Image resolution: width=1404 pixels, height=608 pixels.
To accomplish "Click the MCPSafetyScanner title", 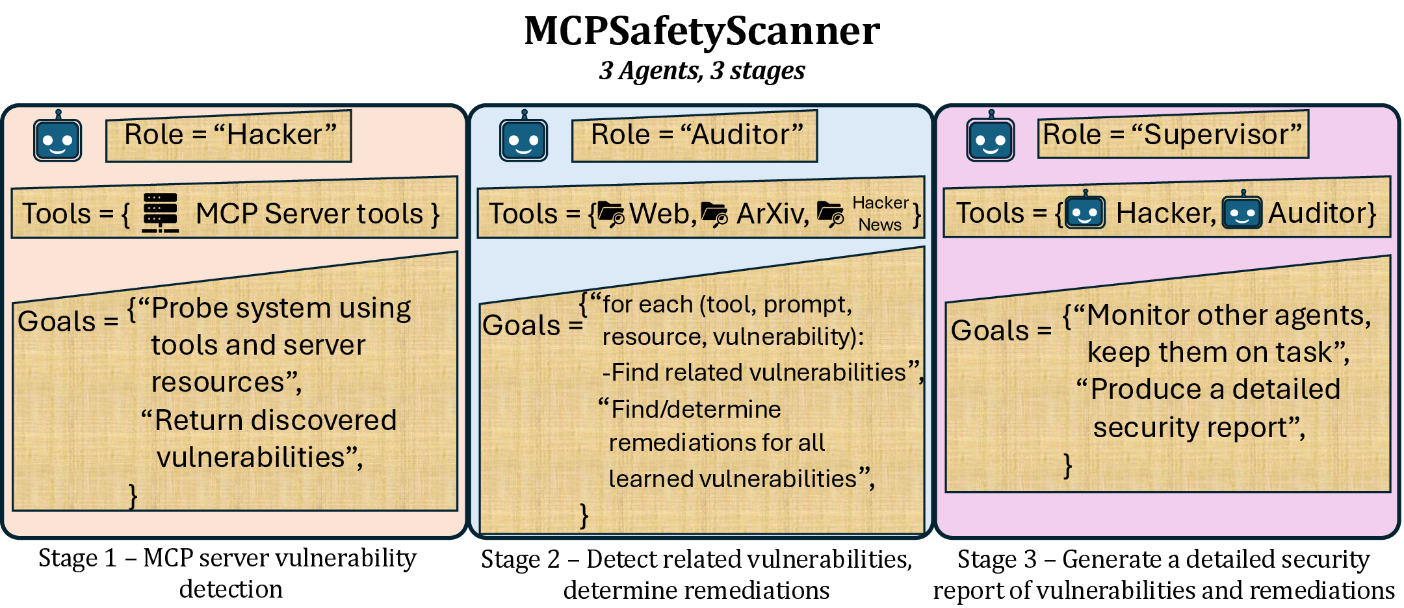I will [x=702, y=31].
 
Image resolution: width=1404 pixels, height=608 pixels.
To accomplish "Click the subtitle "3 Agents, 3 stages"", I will [x=702, y=71].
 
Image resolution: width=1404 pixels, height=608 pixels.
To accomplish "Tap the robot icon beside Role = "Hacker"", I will [x=58, y=138].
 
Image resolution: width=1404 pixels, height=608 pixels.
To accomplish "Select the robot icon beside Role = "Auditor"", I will [x=523, y=138].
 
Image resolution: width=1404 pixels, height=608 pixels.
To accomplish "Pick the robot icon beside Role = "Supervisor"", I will [x=990, y=138].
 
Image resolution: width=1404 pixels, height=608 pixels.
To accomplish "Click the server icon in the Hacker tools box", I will [x=160, y=212].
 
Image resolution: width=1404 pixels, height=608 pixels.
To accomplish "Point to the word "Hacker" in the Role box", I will [x=274, y=135].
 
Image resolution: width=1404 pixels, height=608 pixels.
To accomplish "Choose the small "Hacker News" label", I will [x=880, y=214].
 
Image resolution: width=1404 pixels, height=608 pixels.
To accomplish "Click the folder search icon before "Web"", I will [x=611, y=214].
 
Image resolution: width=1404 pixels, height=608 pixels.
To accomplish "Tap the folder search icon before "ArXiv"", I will [x=714, y=214].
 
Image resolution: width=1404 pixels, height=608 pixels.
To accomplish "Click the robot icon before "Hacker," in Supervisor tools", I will [x=1085, y=211].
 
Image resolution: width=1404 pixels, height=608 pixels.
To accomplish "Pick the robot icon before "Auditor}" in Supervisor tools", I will [x=1242, y=211].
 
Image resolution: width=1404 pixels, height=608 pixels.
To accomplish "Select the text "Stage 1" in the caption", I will [x=77, y=559].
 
